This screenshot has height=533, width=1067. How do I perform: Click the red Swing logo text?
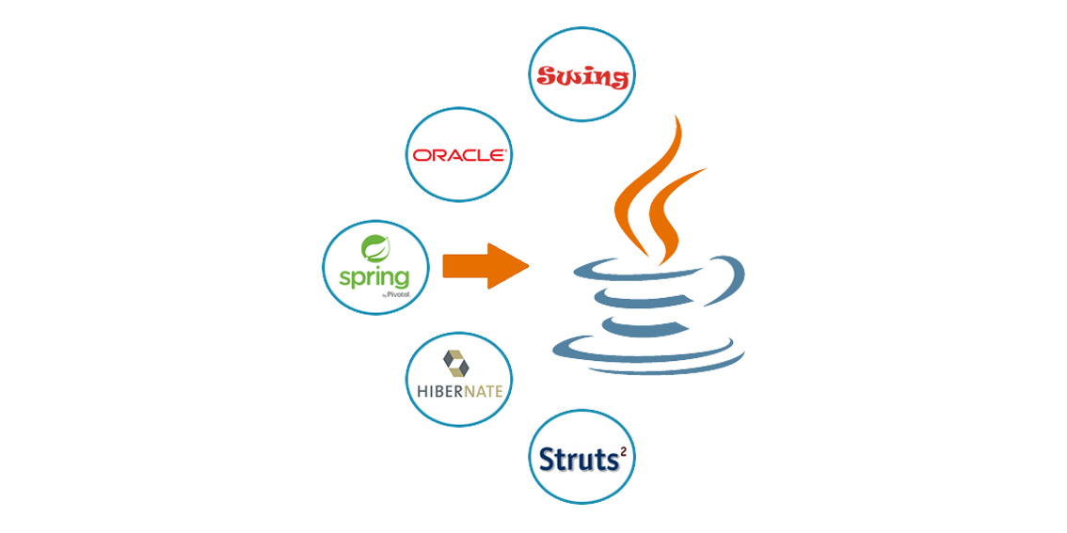(581, 77)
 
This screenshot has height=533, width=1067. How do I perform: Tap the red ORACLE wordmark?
(458, 156)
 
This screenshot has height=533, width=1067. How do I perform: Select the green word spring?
(374, 278)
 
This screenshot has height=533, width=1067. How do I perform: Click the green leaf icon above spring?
(374, 248)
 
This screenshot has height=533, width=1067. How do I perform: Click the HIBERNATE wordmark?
(459, 392)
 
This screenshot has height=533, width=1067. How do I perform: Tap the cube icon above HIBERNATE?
(456, 364)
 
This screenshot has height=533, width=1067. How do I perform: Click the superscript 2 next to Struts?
(621, 448)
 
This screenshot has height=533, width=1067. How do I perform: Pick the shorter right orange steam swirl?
(670, 217)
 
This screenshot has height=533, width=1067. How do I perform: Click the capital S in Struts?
(547, 460)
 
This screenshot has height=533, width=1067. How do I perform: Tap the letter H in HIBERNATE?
(421, 392)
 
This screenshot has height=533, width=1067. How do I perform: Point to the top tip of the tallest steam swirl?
(676, 116)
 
